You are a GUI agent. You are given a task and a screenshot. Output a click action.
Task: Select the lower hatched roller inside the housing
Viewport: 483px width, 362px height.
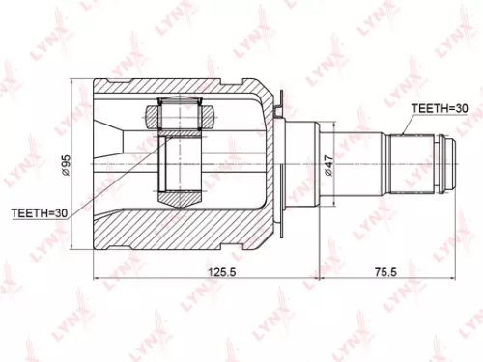[179, 198]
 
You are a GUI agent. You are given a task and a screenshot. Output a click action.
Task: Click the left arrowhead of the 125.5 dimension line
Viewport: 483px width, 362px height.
[97, 281]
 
